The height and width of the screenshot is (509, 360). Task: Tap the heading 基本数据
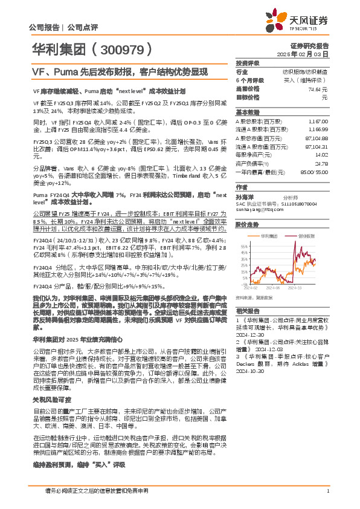247,112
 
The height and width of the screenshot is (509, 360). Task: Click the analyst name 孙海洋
244,197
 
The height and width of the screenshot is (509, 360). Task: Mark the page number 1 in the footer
327,491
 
